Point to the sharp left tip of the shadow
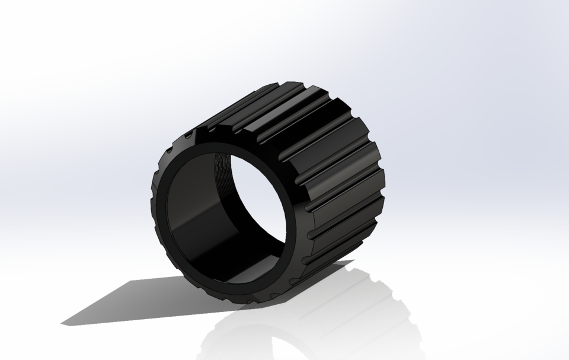(x=63, y=323)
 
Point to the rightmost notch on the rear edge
(x=382, y=178)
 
